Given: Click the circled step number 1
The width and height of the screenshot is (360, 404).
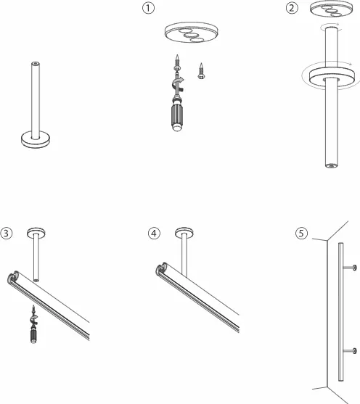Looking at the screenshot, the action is (x=148, y=8).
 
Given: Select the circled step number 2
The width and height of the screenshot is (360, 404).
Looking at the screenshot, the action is (x=292, y=8).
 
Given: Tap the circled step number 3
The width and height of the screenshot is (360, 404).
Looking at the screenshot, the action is (x=7, y=233).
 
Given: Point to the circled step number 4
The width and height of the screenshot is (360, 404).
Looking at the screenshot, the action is (x=154, y=233).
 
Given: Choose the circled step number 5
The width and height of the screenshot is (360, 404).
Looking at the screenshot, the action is (x=301, y=233).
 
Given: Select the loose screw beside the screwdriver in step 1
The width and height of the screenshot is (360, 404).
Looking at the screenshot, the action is (x=201, y=71).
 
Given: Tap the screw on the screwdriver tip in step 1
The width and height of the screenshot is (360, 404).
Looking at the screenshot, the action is (x=177, y=62).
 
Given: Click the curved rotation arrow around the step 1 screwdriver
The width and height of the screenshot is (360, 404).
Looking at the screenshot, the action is (x=178, y=83).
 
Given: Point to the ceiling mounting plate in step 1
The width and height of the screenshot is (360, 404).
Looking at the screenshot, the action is (x=192, y=32).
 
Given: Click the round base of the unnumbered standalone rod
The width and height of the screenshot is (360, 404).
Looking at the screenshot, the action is (x=36, y=140).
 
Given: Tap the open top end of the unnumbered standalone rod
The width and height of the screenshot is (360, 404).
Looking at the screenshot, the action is (x=36, y=63).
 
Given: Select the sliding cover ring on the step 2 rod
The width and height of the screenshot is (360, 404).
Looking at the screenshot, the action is (x=332, y=78).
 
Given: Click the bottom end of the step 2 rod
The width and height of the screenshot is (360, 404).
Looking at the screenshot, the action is (x=331, y=165).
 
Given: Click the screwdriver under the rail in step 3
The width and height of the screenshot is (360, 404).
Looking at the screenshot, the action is (x=33, y=325).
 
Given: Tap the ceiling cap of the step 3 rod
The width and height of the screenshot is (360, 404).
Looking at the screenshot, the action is (x=36, y=233).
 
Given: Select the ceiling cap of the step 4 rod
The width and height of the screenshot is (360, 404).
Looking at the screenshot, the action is (x=184, y=233).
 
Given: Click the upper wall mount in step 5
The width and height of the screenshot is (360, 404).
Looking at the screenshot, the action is (x=350, y=268).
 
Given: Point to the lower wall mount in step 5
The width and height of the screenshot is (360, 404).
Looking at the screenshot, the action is (x=350, y=350).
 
